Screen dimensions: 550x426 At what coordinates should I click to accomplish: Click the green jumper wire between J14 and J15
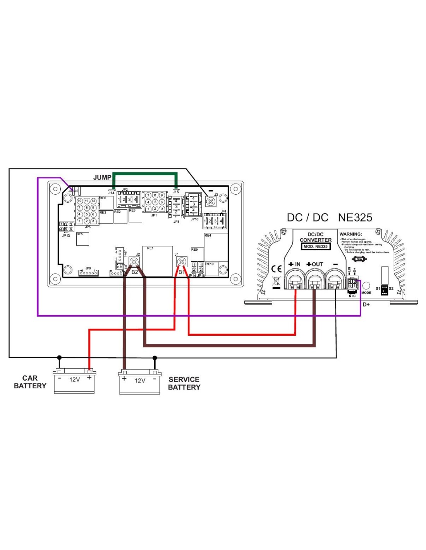[144, 174]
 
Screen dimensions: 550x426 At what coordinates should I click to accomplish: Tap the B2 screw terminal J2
[134, 262]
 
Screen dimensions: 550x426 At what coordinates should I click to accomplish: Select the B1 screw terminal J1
[181, 262]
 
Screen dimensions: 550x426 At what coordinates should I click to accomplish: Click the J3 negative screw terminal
[211, 202]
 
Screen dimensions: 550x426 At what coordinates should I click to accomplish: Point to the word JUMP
[102, 178]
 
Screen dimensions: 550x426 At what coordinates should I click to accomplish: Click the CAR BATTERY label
[30, 382]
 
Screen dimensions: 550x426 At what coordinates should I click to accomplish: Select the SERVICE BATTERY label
[184, 383]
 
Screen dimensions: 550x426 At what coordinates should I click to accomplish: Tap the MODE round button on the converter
[366, 286]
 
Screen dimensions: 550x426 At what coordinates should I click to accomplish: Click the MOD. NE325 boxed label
[315, 246]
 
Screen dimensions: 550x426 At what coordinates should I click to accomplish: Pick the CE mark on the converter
[277, 269]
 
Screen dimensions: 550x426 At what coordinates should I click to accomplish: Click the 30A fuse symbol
[359, 259]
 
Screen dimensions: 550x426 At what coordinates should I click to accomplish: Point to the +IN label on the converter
[294, 265]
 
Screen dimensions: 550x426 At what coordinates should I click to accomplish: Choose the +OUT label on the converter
[314, 265]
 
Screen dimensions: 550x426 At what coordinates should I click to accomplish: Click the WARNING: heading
[350, 234]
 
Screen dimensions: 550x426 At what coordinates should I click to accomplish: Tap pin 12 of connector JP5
[93, 201]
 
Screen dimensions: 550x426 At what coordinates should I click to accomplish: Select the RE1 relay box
[157, 261]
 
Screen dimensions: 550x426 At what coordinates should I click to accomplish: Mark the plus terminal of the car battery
[89, 377]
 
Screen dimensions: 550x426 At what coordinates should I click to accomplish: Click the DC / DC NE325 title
[329, 217]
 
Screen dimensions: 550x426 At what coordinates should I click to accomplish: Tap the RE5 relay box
[82, 239]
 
